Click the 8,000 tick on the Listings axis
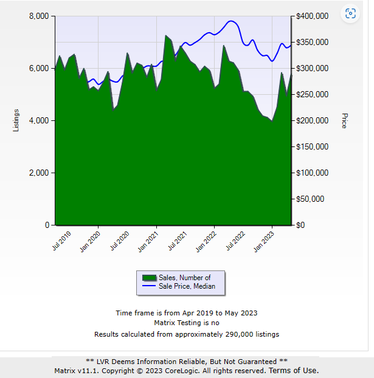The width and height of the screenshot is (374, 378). tap(38, 16)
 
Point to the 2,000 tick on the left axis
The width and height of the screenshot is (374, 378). tap(38, 173)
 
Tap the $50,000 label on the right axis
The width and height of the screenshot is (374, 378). tap(311, 199)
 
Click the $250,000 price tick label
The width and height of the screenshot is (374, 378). tap(311, 94)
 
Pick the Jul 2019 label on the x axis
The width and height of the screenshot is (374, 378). tap(61, 240)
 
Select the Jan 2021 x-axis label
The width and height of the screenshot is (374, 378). tap(149, 241)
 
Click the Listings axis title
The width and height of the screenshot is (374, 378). tap(16, 120)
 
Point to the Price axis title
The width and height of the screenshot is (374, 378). tap(344, 120)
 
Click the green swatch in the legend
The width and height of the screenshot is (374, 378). tap(145, 278)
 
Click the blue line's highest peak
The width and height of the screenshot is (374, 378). tap(231, 21)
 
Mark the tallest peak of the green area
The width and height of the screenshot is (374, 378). tap(166, 35)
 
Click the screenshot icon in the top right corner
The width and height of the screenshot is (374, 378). tap(350, 14)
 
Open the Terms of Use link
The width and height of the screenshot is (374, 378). tap(293, 370)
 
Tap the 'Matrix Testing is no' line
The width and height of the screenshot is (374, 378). tap(187, 323)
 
